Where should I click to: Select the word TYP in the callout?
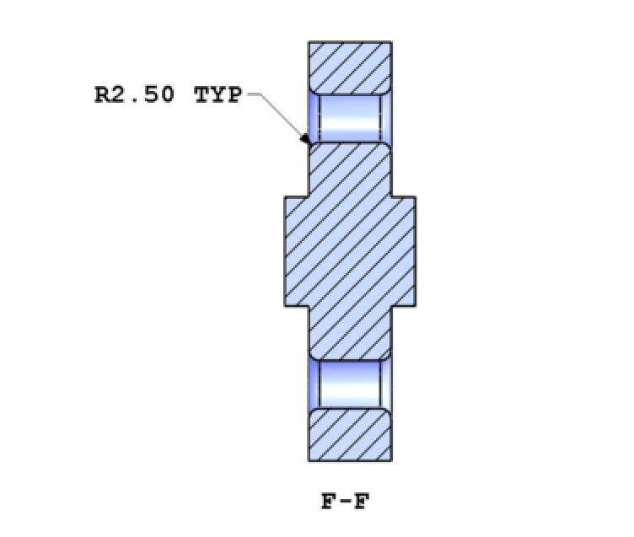pos(218,94)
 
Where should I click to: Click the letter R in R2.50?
pos(102,94)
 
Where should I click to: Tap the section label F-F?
pos(346,502)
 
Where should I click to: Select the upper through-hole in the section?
pos(350,117)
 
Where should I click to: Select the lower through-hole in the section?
pos(350,384)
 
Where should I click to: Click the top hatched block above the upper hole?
pos(350,67)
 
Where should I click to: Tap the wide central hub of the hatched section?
pos(350,250)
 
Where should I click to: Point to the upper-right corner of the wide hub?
pos(415,197)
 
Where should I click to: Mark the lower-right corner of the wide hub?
pos(415,304)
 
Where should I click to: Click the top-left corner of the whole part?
pos(309,41)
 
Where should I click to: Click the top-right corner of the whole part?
pos(392,41)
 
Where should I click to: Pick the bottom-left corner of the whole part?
pos(309,461)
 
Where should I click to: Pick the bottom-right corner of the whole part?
pos(392,461)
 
